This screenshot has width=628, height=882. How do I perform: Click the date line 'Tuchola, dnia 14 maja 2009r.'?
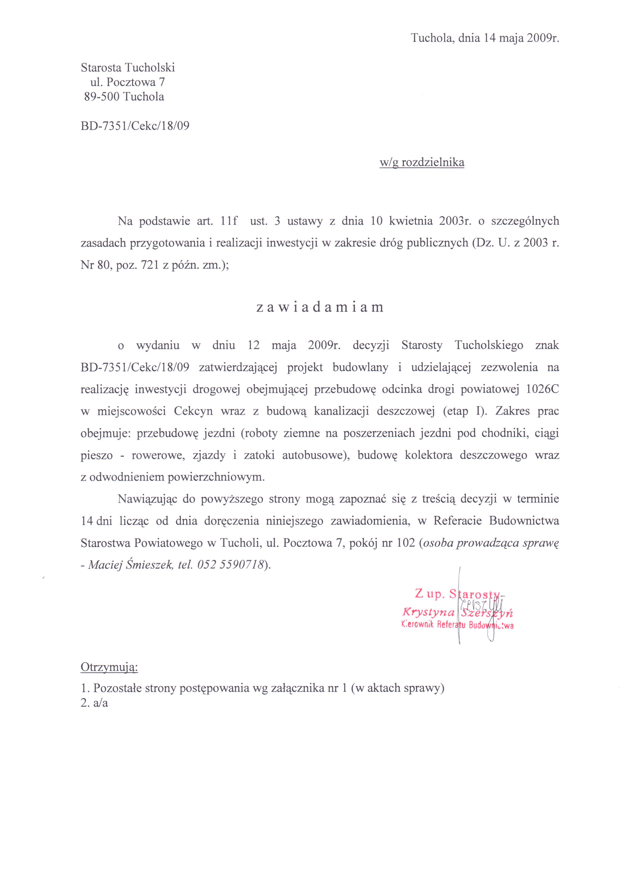485,38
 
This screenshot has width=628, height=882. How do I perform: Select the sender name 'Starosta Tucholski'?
128,68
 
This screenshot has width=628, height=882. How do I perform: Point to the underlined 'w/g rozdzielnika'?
422,162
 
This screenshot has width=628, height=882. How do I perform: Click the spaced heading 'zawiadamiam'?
320,307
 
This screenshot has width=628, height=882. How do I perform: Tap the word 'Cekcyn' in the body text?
193,411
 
